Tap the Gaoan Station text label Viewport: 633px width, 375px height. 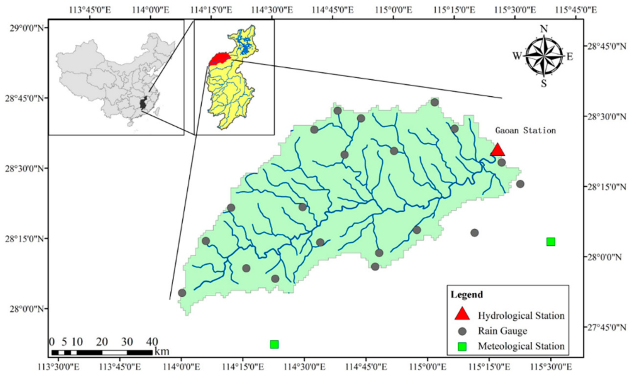(x=525, y=131)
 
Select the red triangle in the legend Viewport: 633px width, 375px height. (x=462, y=314)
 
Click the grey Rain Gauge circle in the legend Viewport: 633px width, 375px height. (x=462, y=331)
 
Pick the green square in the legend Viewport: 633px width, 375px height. (x=462, y=346)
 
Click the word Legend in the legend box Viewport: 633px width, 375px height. (x=467, y=295)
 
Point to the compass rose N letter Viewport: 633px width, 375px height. (x=544, y=29)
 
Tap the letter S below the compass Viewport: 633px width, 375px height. (x=544, y=83)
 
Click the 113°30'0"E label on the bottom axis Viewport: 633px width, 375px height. (x=58, y=367)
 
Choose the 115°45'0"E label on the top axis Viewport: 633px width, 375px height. (x=576, y=10)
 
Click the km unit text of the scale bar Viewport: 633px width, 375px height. (x=162, y=351)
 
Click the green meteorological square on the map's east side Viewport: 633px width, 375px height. (x=551, y=242)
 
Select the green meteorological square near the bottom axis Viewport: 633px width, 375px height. (x=274, y=344)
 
